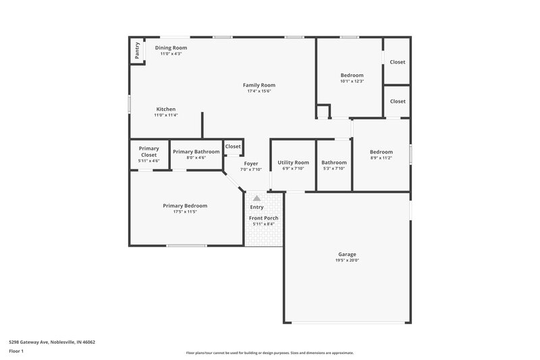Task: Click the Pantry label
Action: pyautogui.click(x=138, y=51)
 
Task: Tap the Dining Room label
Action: pyautogui.click(x=171, y=48)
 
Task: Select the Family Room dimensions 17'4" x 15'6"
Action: pyautogui.click(x=259, y=91)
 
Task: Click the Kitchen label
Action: pyautogui.click(x=166, y=109)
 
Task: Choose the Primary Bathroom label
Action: pyautogui.click(x=196, y=152)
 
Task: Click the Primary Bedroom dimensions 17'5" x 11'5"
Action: pyautogui.click(x=185, y=212)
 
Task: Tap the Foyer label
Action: pyautogui.click(x=250, y=163)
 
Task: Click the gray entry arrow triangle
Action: pyautogui.click(x=256, y=199)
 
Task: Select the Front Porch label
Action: pyautogui.click(x=263, y=218)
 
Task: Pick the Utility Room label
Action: pyautogui.click(x=293, y=162)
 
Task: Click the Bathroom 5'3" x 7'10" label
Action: pyautogui.click(x=333, y=163)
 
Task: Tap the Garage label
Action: pyautogui.click(x=347, y=255)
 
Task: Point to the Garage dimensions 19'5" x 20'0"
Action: pyautogui.click(x=347, y=261)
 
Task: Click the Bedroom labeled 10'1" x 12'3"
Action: pyautogui.click(x=352, y=75)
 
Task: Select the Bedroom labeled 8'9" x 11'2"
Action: pyautogui.click(x=381, y=152)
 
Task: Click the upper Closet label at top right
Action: pyautogui.click(x=398, y=62)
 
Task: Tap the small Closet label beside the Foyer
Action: pyautogui.click(x=233, y=147)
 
